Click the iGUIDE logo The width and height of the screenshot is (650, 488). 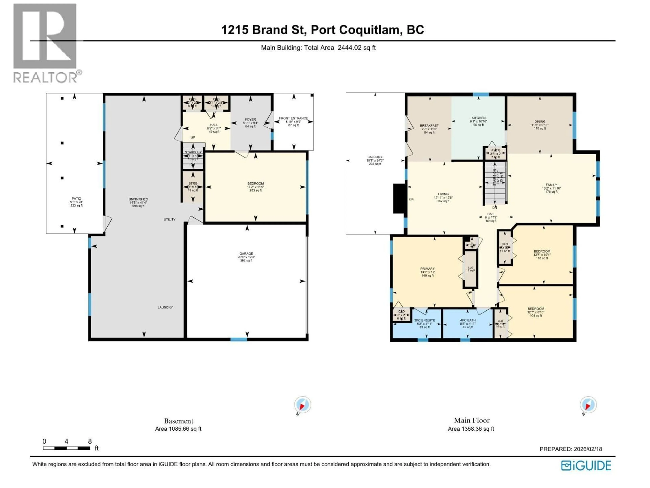[586, 466]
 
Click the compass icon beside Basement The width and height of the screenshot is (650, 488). [302, 405]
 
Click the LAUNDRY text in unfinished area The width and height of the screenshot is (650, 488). [165, 307]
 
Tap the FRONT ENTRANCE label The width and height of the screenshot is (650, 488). [293, 118]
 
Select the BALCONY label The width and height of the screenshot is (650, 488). [375, 157]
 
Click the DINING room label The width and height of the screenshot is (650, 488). [540, 121]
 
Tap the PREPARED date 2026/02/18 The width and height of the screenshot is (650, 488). [571, 449]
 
